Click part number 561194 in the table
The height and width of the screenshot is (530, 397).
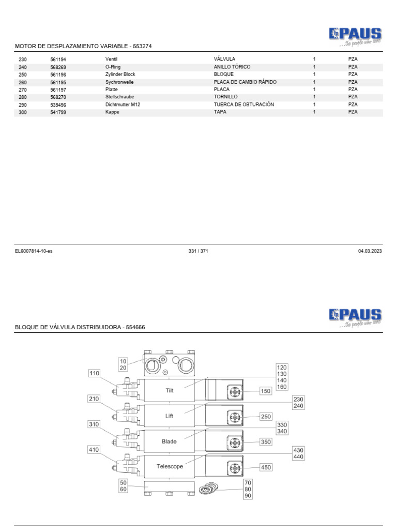point(58,60)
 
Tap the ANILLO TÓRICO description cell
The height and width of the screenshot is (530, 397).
point(232,67)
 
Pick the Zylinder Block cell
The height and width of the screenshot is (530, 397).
point(120,74)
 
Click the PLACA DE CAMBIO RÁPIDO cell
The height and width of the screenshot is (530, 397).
point(245,82)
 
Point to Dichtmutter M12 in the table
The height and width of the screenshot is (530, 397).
point(123,105)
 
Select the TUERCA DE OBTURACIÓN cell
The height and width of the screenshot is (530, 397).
point(243,105)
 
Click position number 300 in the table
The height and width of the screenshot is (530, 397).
point(22,112)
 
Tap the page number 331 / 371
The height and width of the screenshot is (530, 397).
point(198,251)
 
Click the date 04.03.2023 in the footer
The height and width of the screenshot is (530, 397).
point(370,251)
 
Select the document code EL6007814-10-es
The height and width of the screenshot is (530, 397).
point(34,251)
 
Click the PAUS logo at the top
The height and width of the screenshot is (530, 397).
point(355,35)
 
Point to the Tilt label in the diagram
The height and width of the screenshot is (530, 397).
point(170,391)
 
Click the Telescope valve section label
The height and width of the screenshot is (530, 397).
point(170,466)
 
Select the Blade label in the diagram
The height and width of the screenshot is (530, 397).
point(169,441)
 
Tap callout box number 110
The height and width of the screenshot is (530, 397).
point(94,373)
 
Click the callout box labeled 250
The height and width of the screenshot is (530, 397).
point(266,417)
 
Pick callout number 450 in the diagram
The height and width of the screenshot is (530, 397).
point(266,467)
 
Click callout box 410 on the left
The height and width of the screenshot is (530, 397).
point(94,450)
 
